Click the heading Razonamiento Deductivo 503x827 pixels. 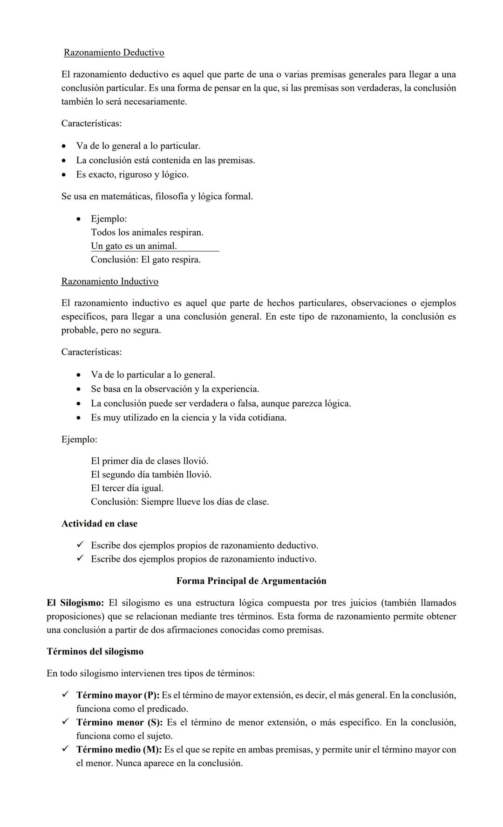click(114, 53)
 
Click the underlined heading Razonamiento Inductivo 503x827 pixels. click(109, 281)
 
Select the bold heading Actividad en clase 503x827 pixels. click(99, 524)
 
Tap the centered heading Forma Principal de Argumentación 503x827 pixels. click(251, 581)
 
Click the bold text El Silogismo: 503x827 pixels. click(75, 603)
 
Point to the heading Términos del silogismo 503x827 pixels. click(95, 652)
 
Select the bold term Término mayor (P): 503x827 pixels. click(117, 695)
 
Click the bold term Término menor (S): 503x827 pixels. click(119, 722)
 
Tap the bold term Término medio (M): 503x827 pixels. click(119, 749)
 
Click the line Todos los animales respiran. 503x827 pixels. click(147, 232)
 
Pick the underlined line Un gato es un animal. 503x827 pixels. click(134, 246)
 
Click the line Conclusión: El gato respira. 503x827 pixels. click(145, 260)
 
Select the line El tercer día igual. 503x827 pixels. click(127, 488)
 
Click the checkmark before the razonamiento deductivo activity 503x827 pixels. click(80, 545)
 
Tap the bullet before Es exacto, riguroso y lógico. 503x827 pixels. click(64, 175)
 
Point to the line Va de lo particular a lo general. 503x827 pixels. click(153, 375)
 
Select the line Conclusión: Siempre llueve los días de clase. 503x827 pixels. click(179, 502)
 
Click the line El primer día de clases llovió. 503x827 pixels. click(149, 461)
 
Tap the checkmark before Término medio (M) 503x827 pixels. click(65, 749)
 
